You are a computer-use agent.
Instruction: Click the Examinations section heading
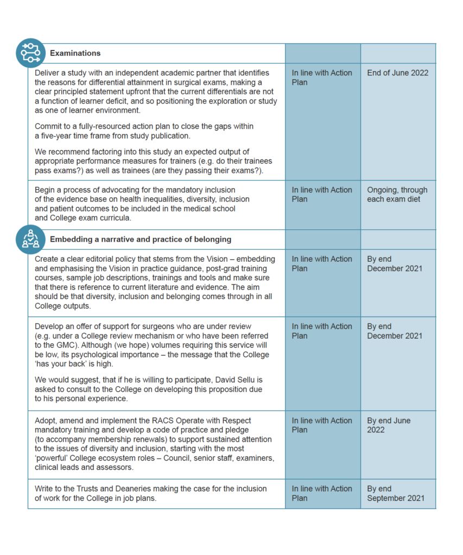75,53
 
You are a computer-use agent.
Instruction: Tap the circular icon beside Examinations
30,53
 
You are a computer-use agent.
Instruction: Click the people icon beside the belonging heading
30,239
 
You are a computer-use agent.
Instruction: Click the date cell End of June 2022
397,73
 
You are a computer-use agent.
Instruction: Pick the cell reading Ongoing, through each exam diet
397,195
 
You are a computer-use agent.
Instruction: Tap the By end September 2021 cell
396,493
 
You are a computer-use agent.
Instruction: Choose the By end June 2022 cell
389,425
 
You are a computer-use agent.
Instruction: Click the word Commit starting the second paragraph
48,126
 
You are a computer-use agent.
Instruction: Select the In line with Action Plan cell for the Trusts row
322,493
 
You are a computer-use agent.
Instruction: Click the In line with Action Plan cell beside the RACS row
322,425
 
